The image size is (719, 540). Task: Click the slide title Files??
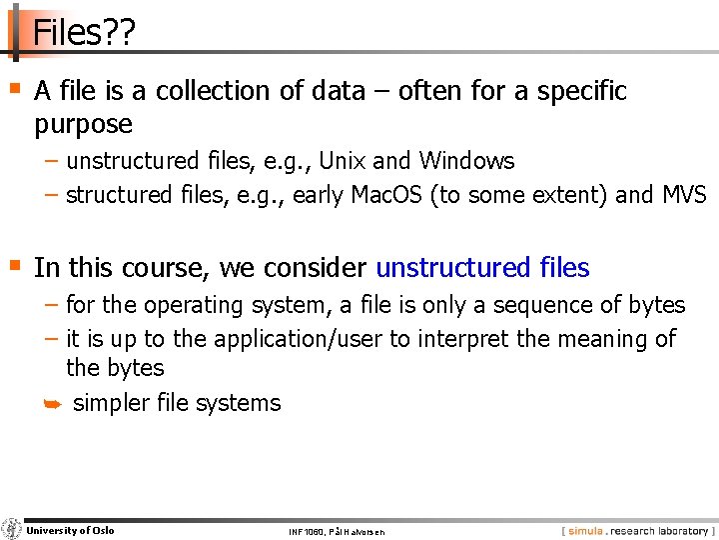(x=83, y=33)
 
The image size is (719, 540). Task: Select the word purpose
(x=83, y=125)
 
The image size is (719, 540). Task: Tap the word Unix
(x=342, y=161)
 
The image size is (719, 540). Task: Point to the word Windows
(x=466, y=161)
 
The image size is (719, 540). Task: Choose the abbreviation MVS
(x=684, y=195)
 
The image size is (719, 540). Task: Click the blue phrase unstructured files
(x=482, y=268)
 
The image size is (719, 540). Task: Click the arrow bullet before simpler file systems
(x=53, y=404)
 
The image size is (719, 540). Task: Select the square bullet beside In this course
(x=14, y=265)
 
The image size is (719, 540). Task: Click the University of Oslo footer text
(x=70, y=530)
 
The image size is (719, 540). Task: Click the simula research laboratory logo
(x=637, y=531)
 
